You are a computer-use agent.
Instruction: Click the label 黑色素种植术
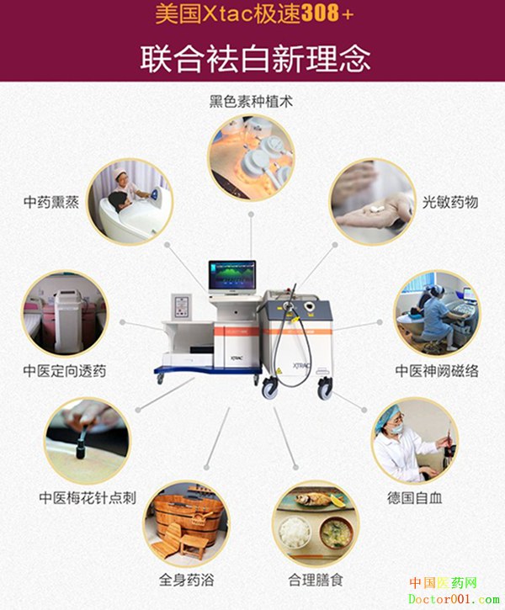251,102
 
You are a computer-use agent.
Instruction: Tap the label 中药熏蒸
51,202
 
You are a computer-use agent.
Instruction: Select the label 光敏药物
450,202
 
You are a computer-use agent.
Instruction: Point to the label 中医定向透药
65,371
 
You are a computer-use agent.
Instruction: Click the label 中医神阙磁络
437,371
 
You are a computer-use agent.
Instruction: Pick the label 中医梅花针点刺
88,497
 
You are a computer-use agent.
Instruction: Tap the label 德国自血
415,497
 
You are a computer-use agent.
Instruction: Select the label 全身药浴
186,580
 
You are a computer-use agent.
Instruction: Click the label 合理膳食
316,580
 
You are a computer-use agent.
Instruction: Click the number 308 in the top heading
320,13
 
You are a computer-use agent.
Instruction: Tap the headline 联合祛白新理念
255,58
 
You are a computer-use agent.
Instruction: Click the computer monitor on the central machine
232,277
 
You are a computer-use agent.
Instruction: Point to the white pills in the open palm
375,209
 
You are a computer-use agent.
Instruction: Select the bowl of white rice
295,531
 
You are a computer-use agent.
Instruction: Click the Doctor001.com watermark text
454,600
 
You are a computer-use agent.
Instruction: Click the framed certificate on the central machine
182,306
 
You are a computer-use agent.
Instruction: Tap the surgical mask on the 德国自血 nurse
397,429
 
